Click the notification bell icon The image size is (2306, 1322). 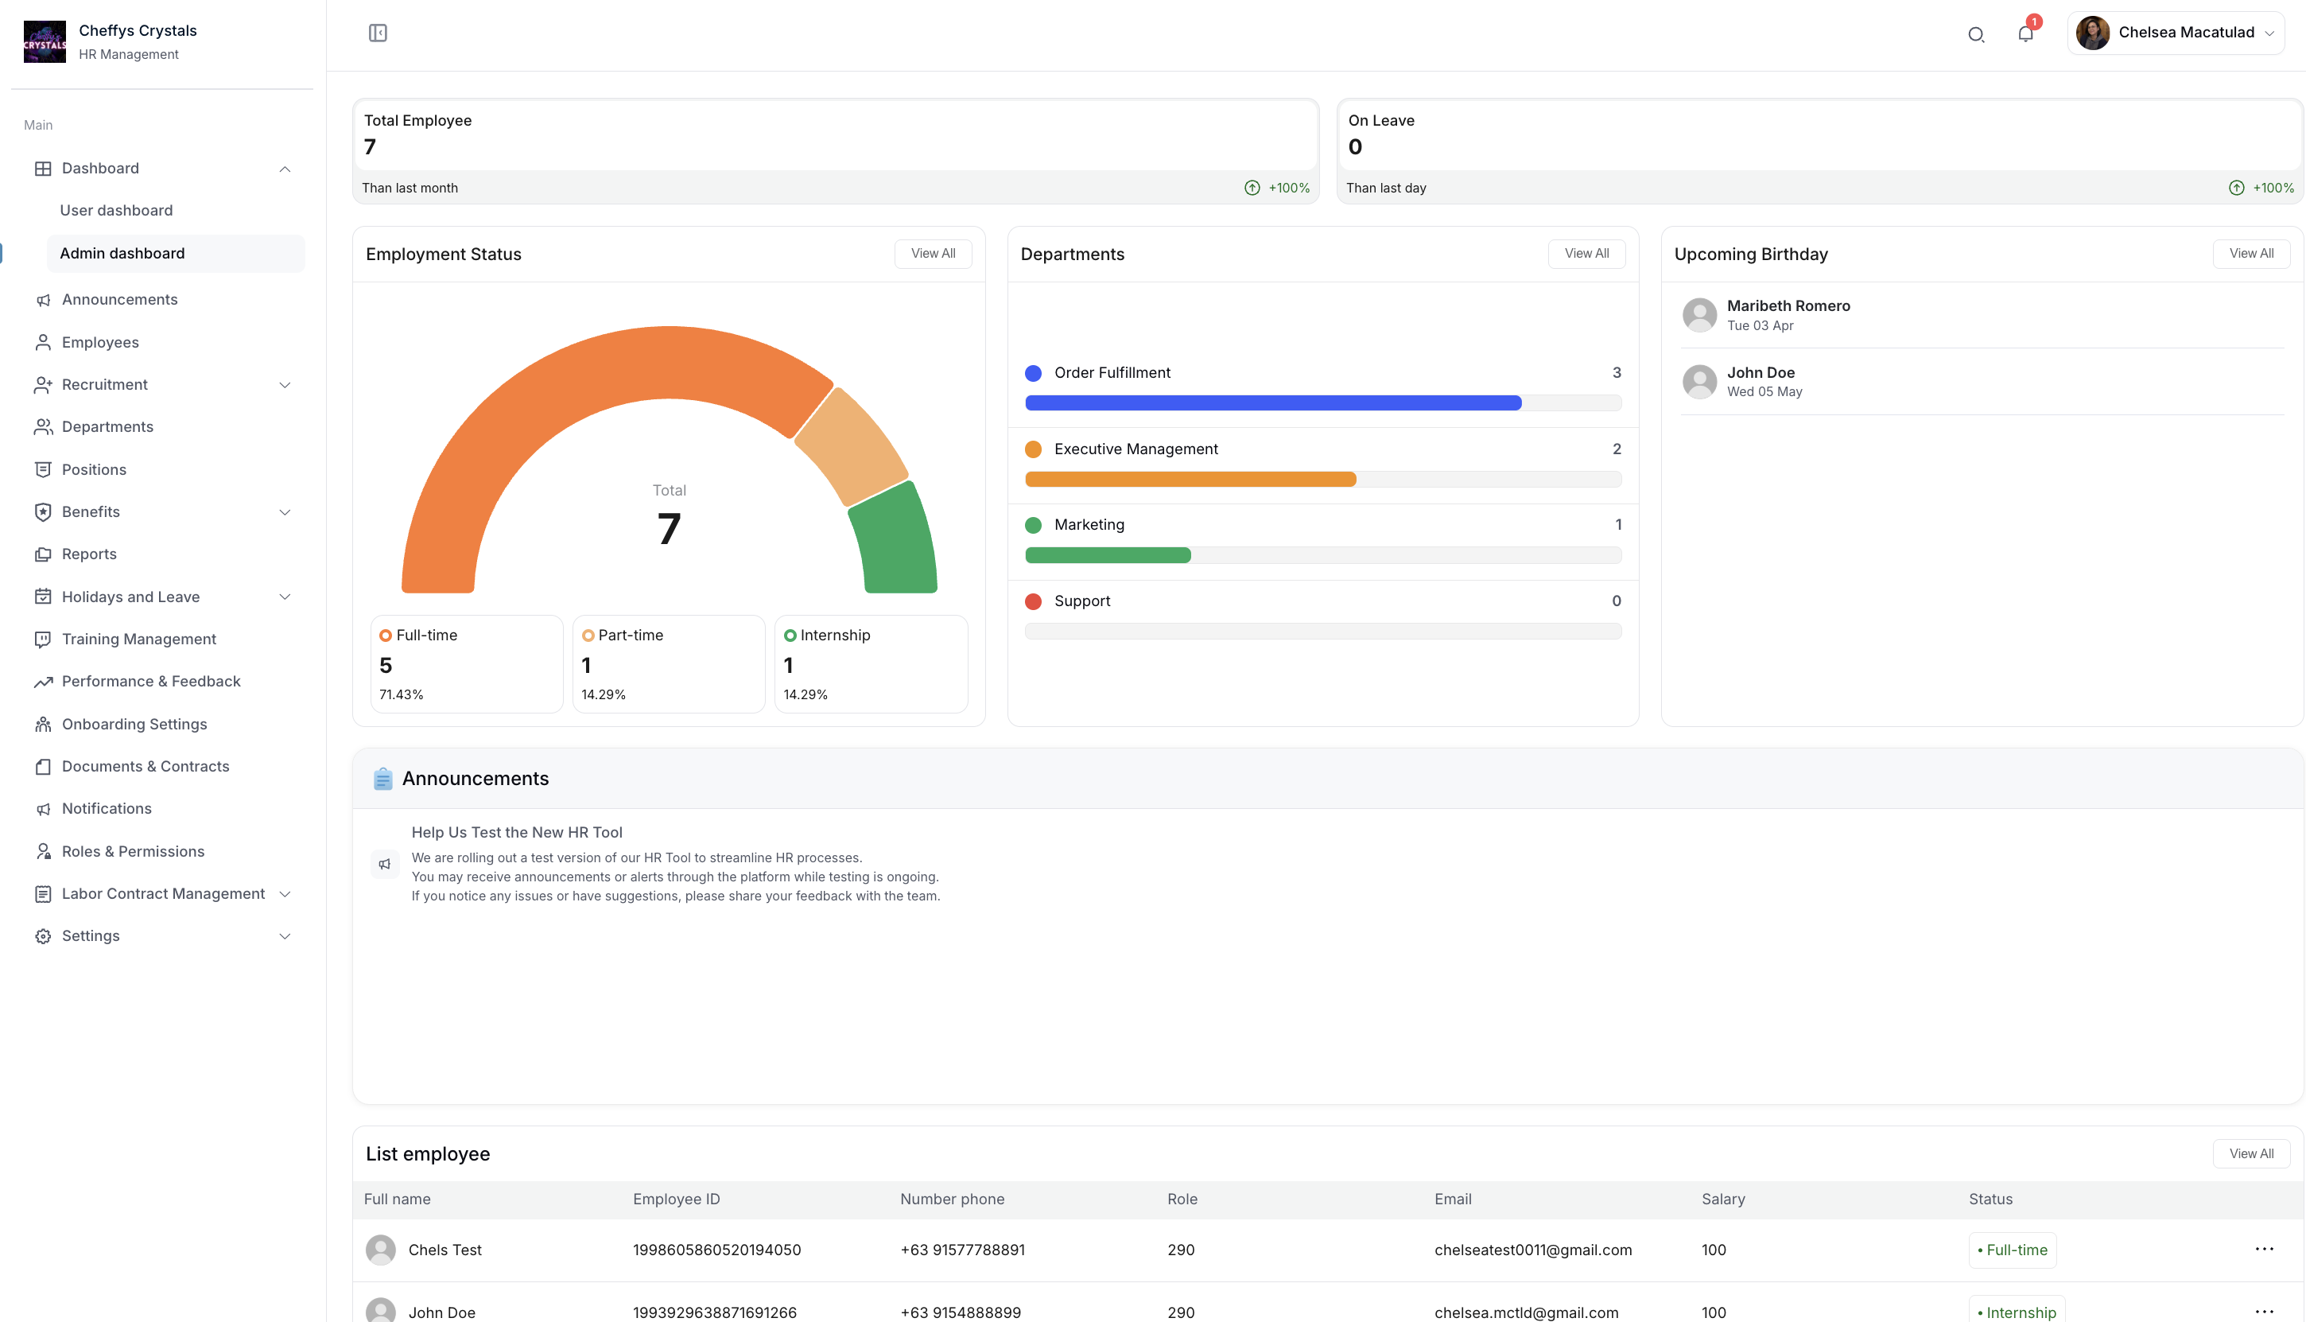pos(2025,33)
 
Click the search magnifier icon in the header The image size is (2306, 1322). pos(1976,34)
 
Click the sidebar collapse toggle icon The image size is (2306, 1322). pos(378,33)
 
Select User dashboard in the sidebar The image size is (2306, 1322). pos(116,211)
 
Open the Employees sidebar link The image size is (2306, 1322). pos(100,342)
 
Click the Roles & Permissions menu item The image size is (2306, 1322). pos(133,851)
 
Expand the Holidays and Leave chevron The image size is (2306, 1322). pos(285,597)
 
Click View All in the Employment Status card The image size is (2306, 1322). pos(932,253)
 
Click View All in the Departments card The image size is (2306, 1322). pos(1586,253)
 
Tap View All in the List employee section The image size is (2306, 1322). pos(2250,1153)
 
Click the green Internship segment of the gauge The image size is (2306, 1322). pos(895,541)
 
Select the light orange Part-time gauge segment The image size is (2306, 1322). pos(852,445)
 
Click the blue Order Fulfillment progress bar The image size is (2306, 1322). pos(1272,403)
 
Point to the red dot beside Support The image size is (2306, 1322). pos(1033,601)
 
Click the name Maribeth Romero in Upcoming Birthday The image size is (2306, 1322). pos(1788,306)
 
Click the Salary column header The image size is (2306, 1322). pos(1722,1199)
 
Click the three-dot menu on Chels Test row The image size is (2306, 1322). pos(2263,1250)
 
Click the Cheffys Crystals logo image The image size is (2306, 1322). pos(45,42)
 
